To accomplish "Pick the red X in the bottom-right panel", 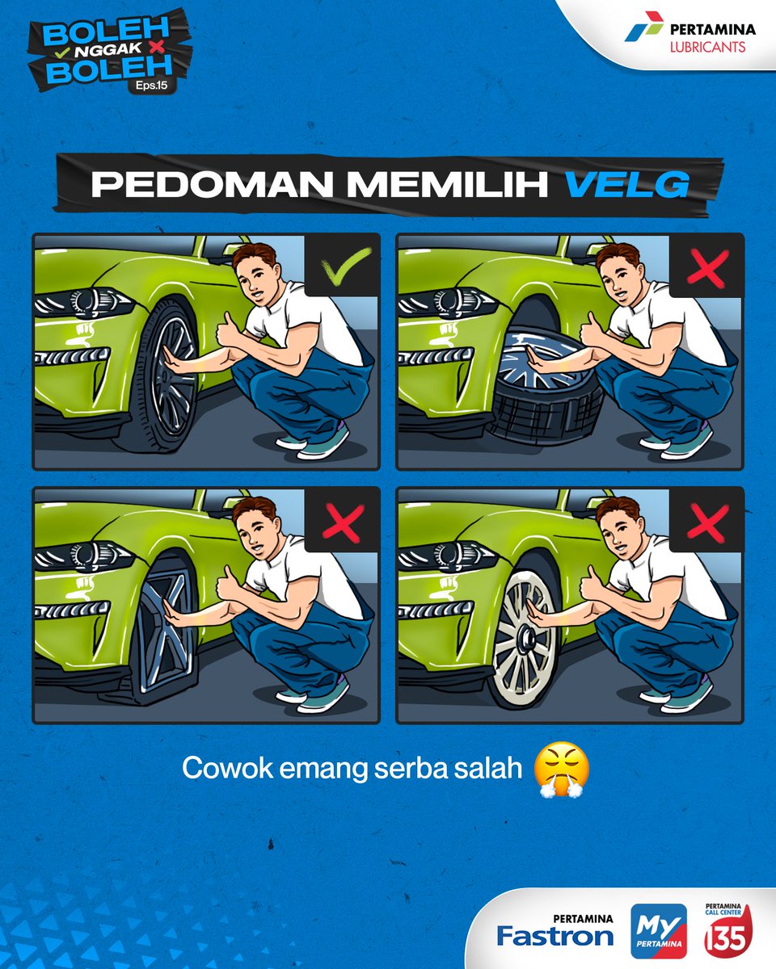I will pyautogui.click(x=706, y=522).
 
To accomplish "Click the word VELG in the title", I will pyautogui.click(x=626, y=185).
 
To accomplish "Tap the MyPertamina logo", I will pyautogui.click(x=658, y=931).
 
